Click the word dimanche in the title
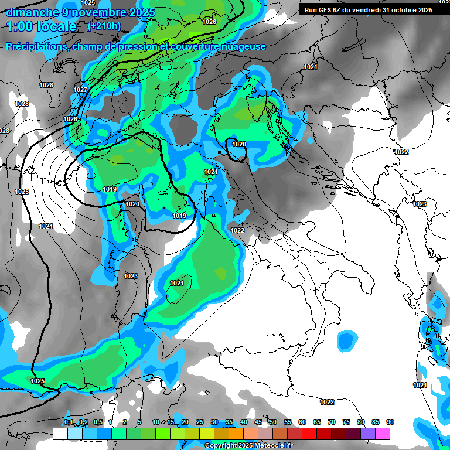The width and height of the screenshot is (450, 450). (x=33, y=12)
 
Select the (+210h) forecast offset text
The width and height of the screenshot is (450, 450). (x=104, y=26)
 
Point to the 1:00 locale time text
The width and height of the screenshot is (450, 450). (x=42, y=26)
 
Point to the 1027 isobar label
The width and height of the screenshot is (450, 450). (x=80, y=90)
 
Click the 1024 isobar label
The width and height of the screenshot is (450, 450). (x=46, y=226)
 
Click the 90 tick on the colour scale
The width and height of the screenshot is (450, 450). (x=390, y=422)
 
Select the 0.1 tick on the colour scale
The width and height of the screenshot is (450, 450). (x=69, y=422)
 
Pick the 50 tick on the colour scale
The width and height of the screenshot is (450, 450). (x=273, y=422)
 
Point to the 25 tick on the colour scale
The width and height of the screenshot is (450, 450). (x=200, y=422)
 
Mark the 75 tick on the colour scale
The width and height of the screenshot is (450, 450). (x=346, y=422)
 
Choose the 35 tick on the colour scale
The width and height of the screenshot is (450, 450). (x=229, y=422)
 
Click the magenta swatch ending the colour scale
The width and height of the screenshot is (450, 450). (x=383, y=434)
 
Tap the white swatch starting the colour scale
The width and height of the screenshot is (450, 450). (x=60, y=434)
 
